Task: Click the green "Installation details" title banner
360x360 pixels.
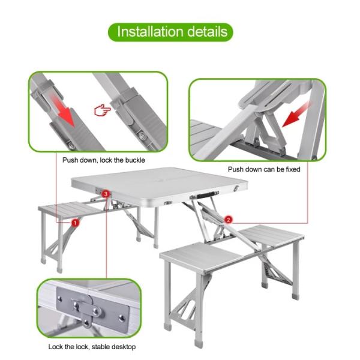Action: coord(170,32)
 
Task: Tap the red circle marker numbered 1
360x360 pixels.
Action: coord(75,223)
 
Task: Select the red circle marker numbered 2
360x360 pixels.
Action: coord(228,220)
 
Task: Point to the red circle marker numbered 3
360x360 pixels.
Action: coord(106,194)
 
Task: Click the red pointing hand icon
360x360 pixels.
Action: coord(103,110)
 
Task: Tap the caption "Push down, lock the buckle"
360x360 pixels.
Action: coord(104,160)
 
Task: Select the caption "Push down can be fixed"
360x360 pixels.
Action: coord(264,169)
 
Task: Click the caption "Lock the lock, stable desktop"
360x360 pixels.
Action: coord(92,346)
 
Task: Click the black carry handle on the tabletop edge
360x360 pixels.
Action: coord(204,195)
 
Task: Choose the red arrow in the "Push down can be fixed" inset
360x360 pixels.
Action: coord(296,114)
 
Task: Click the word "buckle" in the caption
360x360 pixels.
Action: coord(135,160)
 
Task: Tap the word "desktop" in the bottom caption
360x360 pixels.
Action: coord(123,347)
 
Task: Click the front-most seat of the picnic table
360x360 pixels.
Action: coord(202,257)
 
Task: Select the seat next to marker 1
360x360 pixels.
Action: coord(69,209)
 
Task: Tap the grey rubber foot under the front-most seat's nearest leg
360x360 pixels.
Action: coord(199,344)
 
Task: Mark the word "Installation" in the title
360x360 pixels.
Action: coord(149,32)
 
